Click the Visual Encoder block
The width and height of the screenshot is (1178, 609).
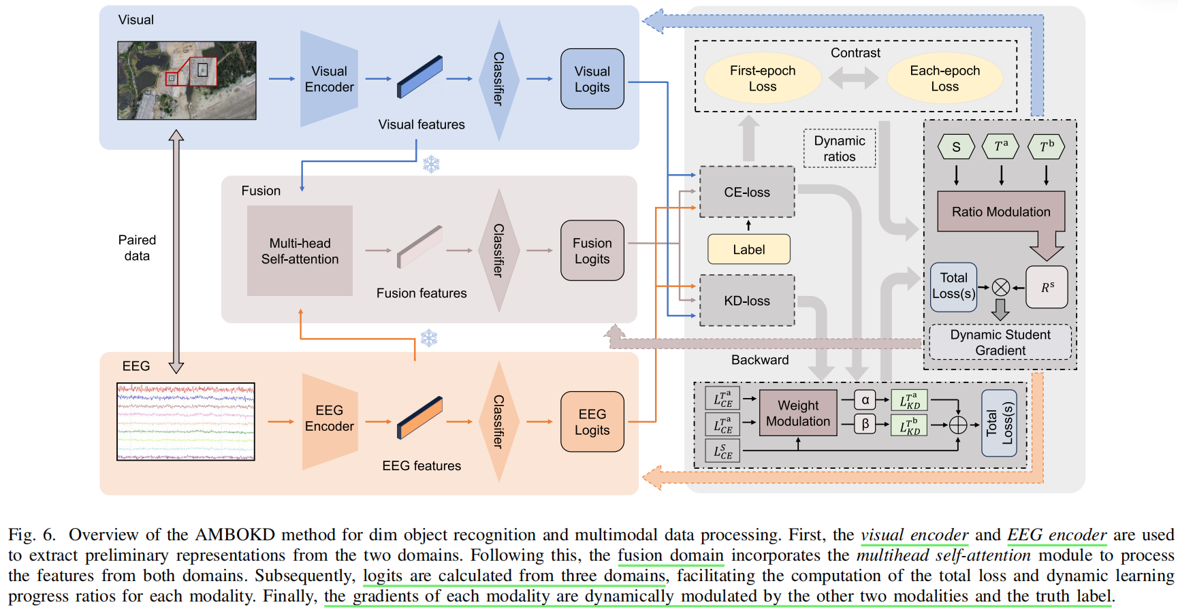329,79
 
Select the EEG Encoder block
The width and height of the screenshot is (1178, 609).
330,421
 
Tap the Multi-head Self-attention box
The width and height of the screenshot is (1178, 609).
300,250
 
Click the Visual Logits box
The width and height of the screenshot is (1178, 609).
592,79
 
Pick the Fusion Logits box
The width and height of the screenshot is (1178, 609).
592,250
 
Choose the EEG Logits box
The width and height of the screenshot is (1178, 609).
592,422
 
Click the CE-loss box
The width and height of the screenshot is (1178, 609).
747,192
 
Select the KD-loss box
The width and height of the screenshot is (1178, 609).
747,301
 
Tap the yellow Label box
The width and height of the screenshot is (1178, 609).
749,250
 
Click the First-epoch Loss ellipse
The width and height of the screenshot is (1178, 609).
763,78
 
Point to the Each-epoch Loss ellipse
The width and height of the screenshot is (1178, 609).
945,78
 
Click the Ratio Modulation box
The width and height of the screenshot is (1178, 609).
1001,212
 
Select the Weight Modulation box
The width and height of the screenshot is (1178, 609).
798,413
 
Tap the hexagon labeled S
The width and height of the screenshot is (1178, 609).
956,147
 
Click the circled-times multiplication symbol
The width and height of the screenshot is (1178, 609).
1001,288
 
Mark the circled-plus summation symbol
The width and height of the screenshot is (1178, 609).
958,425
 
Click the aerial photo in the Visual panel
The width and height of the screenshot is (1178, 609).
187,80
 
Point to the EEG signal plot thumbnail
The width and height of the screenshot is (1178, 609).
186,422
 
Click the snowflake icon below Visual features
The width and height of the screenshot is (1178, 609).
431,164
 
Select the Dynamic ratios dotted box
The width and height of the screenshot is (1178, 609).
840,148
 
